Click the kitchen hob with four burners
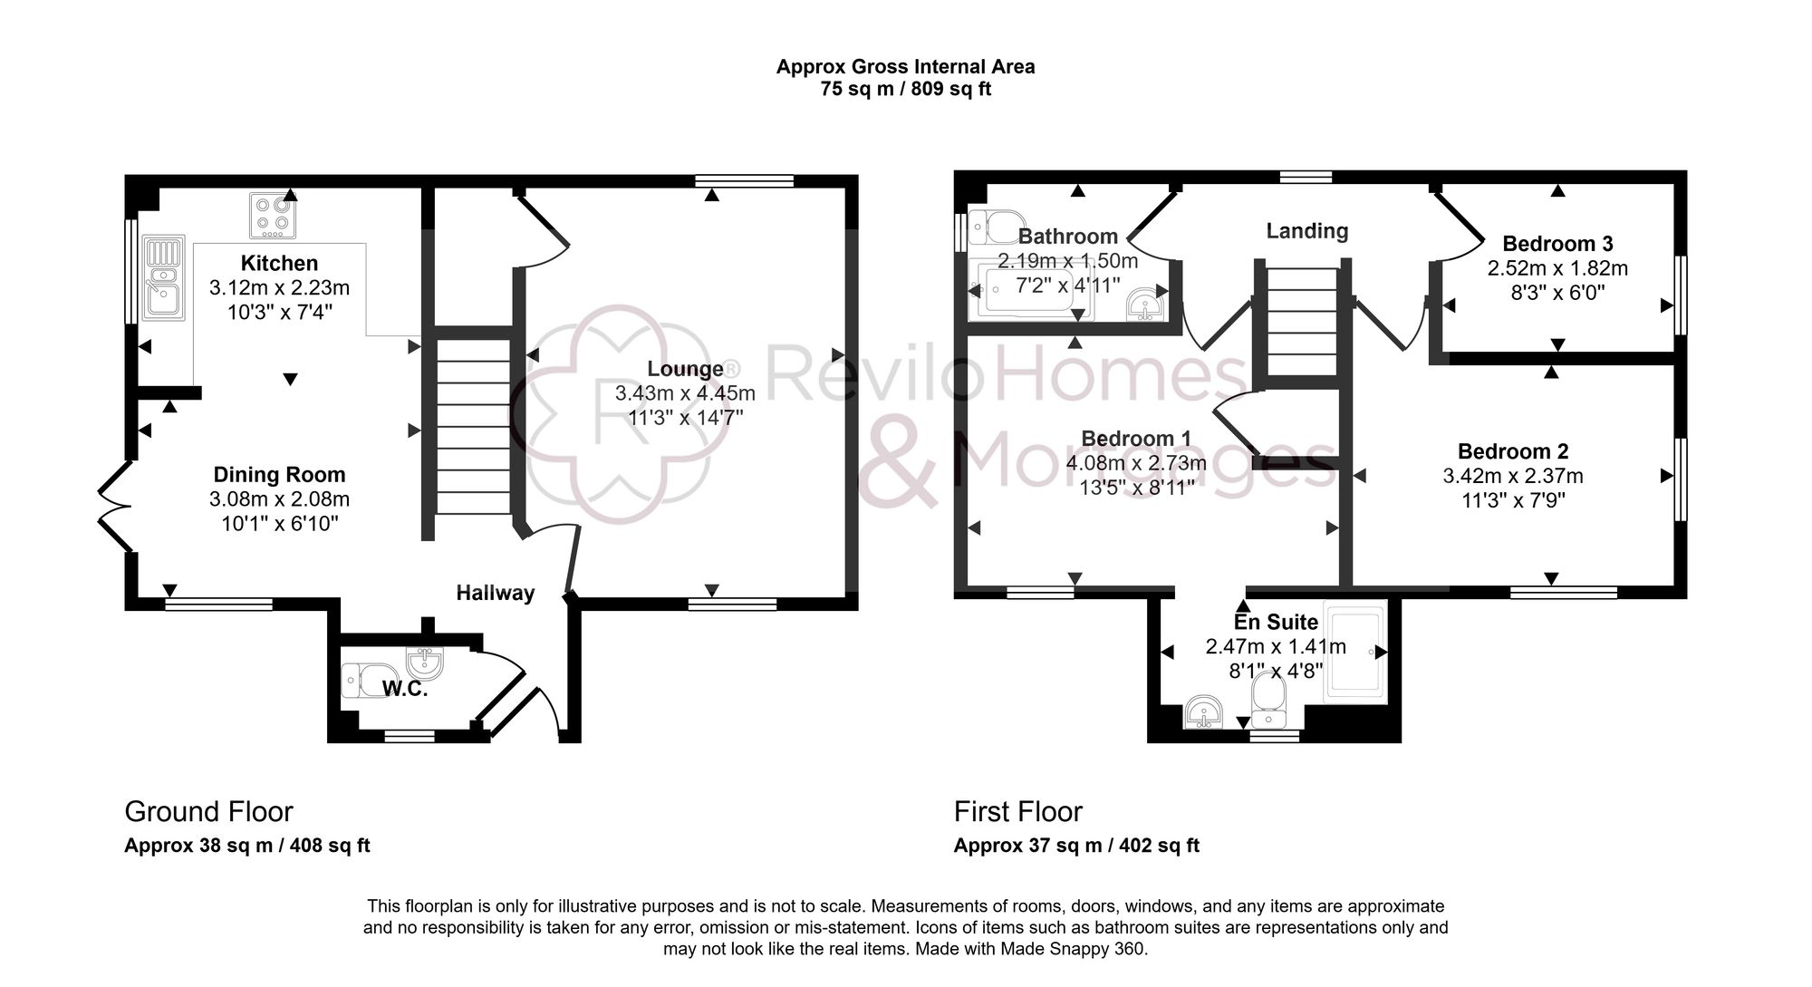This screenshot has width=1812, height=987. (x=273, y=216)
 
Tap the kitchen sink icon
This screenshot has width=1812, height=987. (x=164, y=277)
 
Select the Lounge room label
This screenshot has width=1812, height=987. (x=686, y=369)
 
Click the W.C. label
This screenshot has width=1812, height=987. (x=404, y=689)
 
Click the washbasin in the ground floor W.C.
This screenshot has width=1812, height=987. (x=425, y=663)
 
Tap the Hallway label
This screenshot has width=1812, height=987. (x=495, y=593)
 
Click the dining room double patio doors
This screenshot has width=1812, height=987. (x=115, y=507)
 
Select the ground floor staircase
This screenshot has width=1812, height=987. (x=474, y=426)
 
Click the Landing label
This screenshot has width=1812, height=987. (x=1306, y=231)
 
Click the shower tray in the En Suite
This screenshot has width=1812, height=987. (x=1354, y=653)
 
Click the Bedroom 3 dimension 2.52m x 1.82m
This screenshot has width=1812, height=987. (x=1557, y=268)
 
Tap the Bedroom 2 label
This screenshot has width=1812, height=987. (x=1512, y=451)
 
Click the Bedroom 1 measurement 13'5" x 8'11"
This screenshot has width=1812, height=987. (x=1136, y=488)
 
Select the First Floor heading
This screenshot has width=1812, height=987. (x=1017, y=811)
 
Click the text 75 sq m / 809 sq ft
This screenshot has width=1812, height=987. (x=905, y=90)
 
